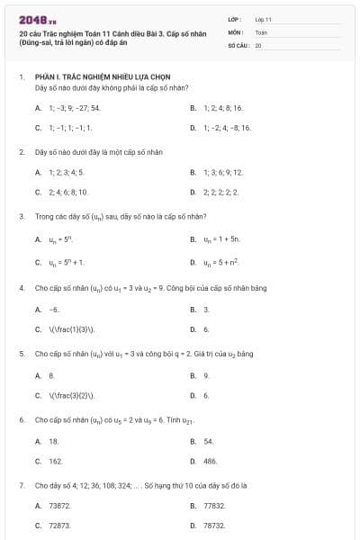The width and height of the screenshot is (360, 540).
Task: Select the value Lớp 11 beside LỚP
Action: click(x=264, y=18)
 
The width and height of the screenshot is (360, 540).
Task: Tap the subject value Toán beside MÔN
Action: click(x=261, y=31)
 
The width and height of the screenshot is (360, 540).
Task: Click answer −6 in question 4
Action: click(x=54, y=309)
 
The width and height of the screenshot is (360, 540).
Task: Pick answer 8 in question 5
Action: click(x=52, y=374)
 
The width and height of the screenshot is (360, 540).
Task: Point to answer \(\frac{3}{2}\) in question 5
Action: click(x=71, y=395)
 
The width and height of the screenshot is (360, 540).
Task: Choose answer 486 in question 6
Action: click(x=211, y=461)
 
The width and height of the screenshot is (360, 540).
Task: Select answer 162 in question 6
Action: click(x=56, y=461)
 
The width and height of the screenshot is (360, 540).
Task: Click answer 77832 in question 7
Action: click(x=213, y=506)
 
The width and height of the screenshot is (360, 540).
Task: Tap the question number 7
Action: click(x=21, y=485)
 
